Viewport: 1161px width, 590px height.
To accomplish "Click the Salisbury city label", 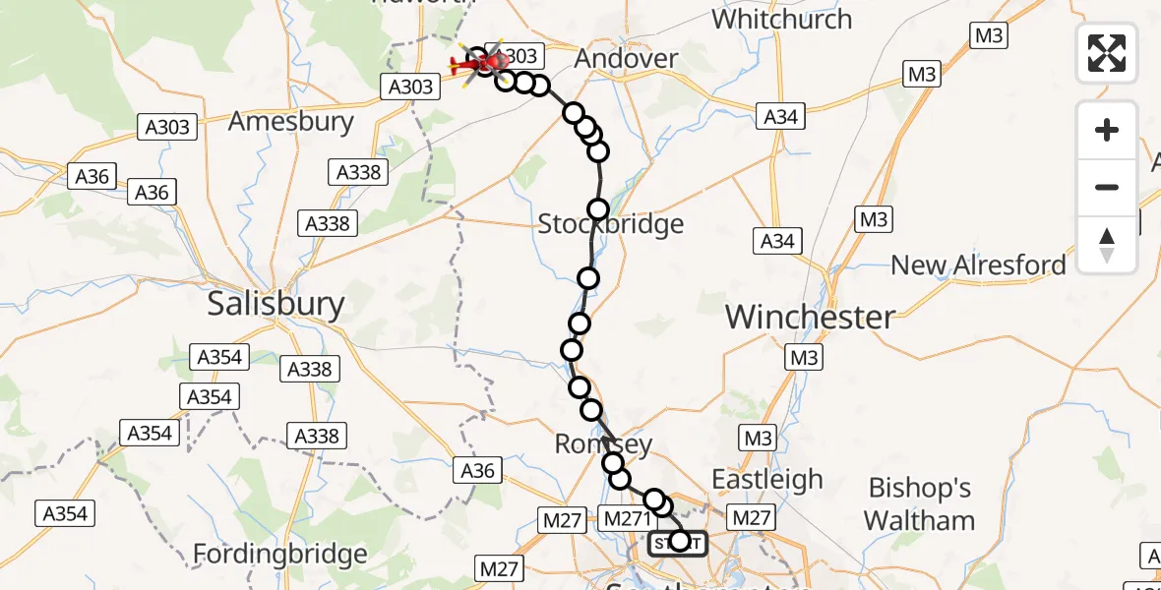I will coord(275,304).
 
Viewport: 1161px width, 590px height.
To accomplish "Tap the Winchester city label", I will coord(810,317).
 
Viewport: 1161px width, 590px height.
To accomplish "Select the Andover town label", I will coord(626,59).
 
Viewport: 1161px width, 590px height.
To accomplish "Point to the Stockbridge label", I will coord(610,225).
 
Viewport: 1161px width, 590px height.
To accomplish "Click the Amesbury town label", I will coord(290,122).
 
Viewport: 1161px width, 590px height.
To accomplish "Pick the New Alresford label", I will coord(977,265).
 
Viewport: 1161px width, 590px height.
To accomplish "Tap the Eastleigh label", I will coord(767,480).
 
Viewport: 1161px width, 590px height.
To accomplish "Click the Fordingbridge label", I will coord(279,554).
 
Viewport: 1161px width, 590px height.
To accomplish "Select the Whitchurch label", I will coord(781,19).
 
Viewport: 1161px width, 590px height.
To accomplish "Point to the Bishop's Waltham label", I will coord(920,503).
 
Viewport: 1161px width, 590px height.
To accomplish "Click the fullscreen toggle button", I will coord(1107,53).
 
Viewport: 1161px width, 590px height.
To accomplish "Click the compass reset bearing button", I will coord(1107,245).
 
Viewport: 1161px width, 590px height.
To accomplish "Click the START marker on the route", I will coord(678,542).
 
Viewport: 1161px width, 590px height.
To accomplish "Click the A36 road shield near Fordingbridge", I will coord(477,471).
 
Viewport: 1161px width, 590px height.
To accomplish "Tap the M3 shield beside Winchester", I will coord(804,358).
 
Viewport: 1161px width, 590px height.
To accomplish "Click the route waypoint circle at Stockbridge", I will coord(598,209).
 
